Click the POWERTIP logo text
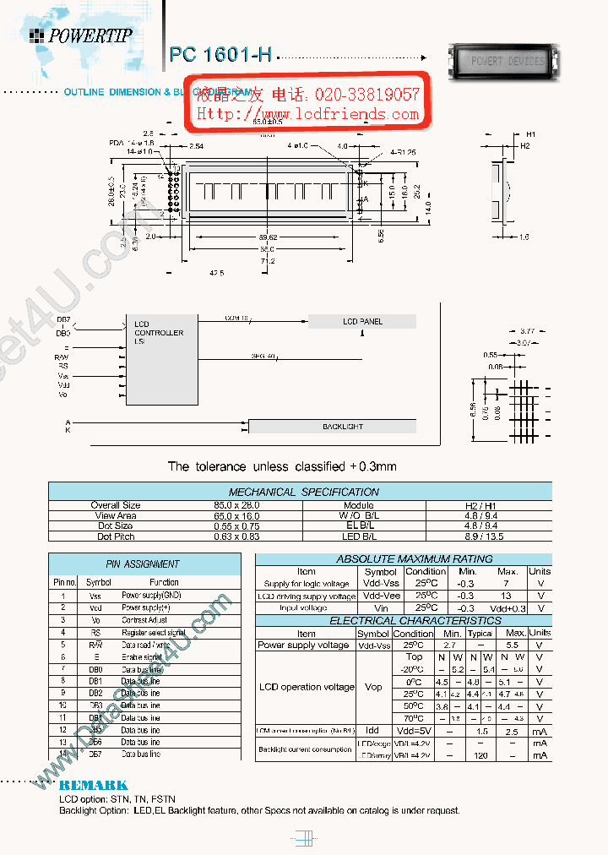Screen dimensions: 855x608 click(x=90, y=35)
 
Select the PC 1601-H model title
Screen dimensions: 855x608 click(x=221, y=55)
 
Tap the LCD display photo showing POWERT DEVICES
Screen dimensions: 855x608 click(x=508, y=62)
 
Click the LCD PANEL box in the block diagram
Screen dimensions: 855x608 click(x=362, y=322)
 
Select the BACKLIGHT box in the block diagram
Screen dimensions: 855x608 click(x=342, y=427)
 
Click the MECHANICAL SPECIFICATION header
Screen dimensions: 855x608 click(x=304, y=492)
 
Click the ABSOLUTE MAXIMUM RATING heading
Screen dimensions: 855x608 click(x=403, y=559)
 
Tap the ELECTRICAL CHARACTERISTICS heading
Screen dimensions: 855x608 click(x=403, y=621)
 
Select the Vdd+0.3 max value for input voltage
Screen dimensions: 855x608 click(x=507, y=608)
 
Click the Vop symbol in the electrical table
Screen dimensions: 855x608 click(x=373, y=687)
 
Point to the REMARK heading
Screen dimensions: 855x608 click(x=93, y=785)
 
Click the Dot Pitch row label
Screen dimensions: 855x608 click(x=115, y=536)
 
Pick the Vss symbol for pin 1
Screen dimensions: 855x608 click(x=95, y=596)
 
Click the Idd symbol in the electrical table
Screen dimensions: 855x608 click(x=373, y=730)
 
